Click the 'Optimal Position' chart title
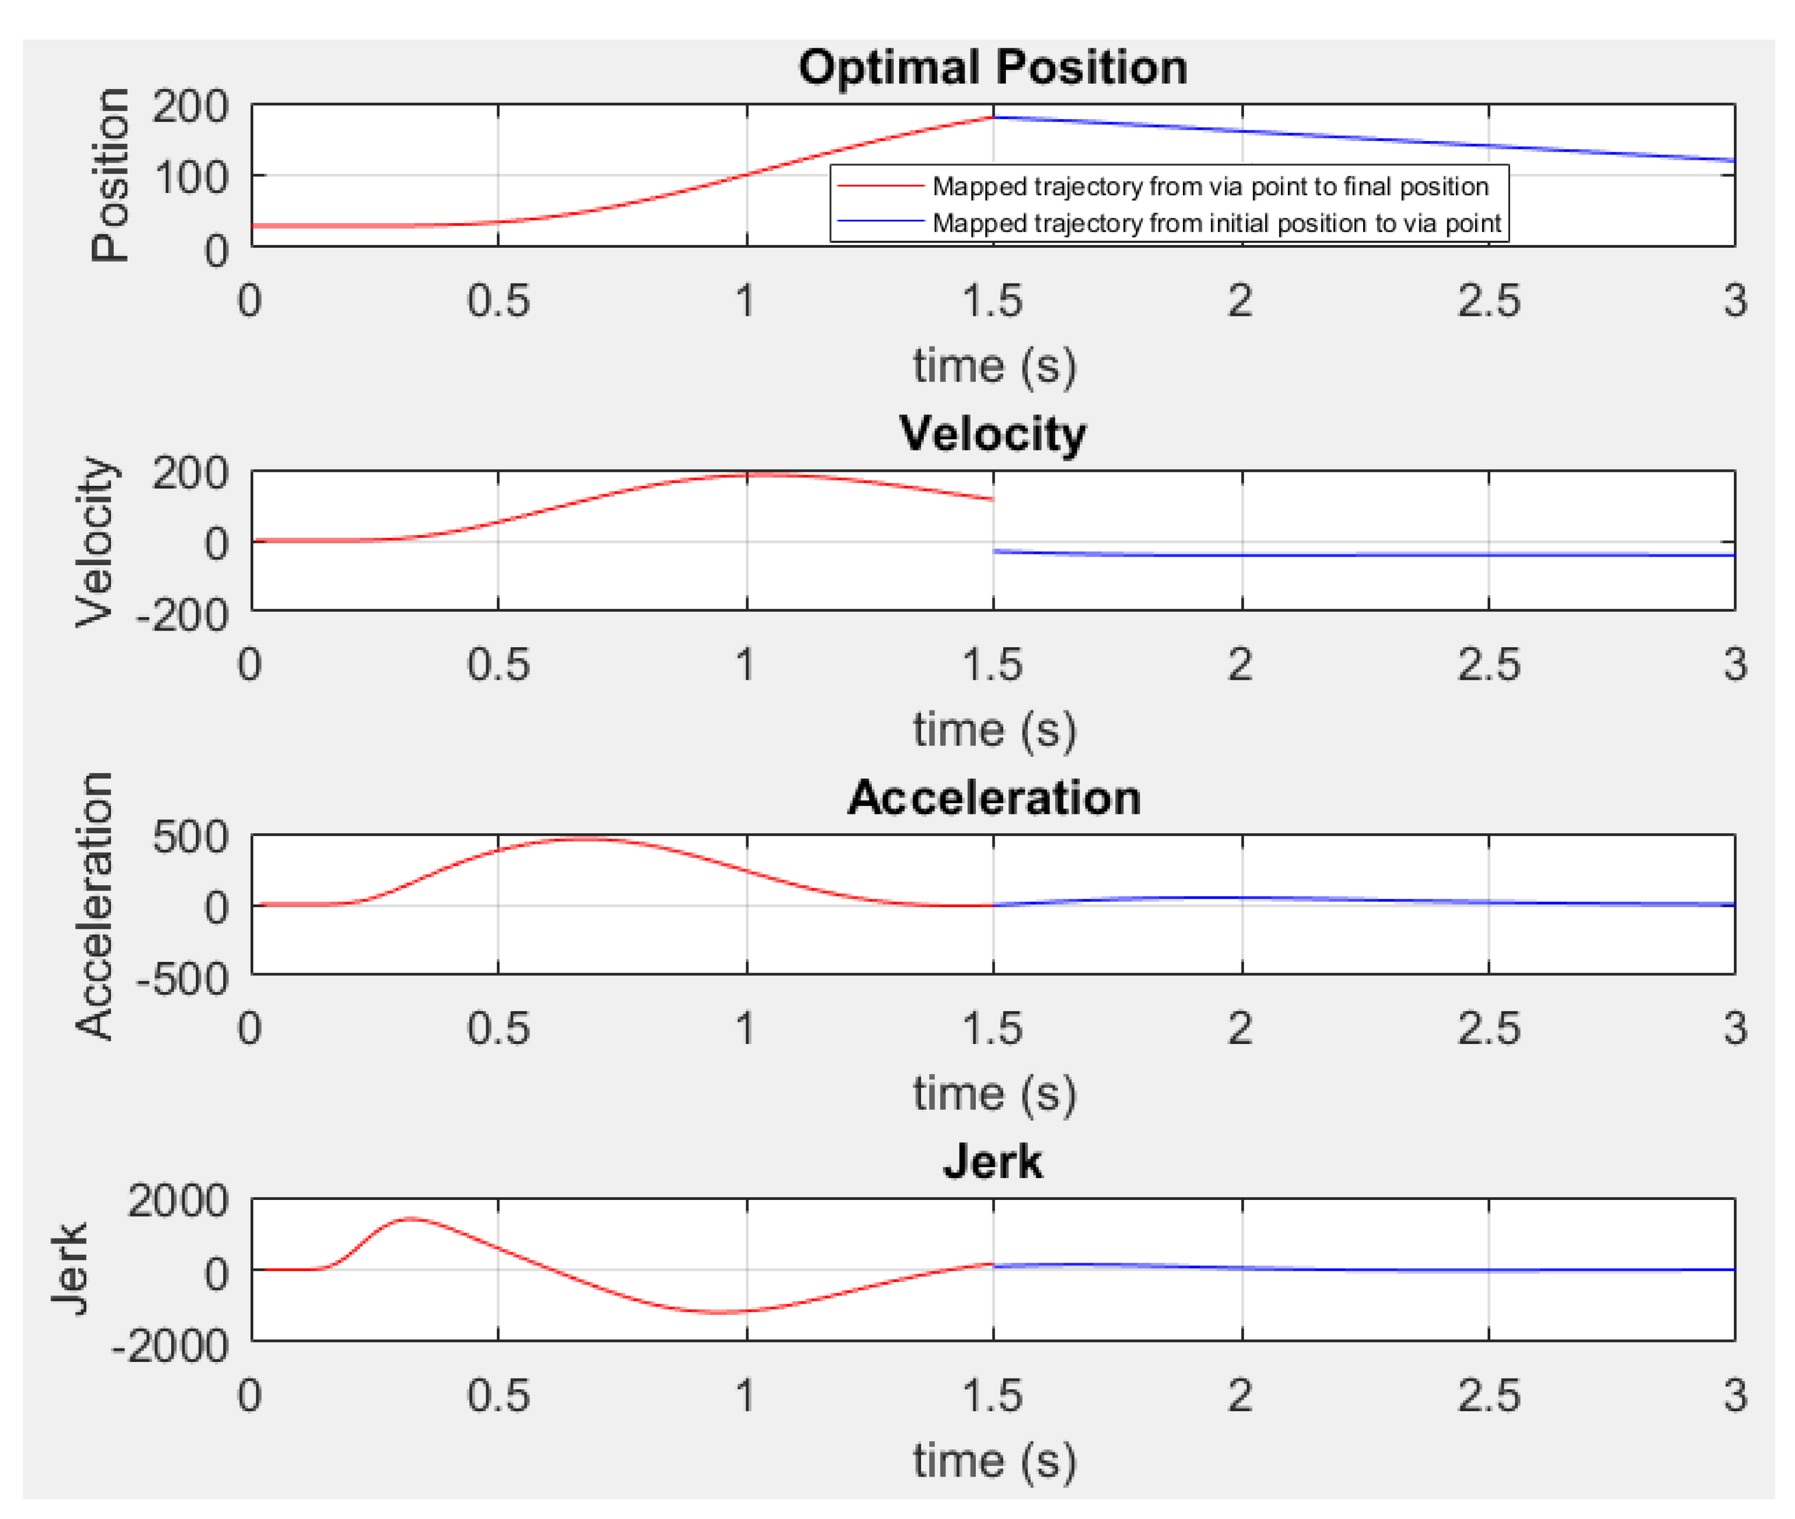coord(992,67)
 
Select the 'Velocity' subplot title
coord(992,433)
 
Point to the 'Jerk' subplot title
coord(992,1162)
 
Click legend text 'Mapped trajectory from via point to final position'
coord(1210,186)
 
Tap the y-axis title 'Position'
coord(111,175)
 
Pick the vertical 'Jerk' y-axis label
coord(71,1269)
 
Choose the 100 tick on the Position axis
coord(190,178)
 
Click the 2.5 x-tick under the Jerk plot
coord(1488,1395)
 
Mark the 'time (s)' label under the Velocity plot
coord(994,730)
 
